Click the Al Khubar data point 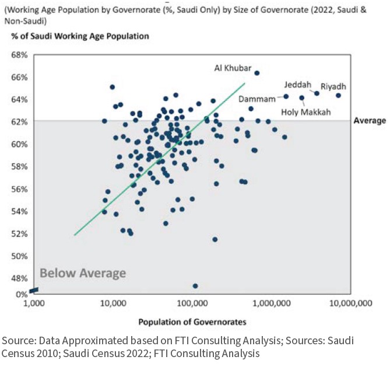click(257, 73)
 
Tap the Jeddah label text click(298, 84)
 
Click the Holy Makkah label click(305, 112)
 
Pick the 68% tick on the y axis click(20, 55)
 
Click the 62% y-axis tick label click(20, 122)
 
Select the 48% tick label click(20, 279)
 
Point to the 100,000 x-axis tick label click(193, 304)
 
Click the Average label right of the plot click(370, 121)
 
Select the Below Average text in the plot click(82, 273)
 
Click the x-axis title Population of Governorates click(192, 322)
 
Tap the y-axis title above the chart click(80, 36)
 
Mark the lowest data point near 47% click(195, 286)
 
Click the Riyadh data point click(338, 96)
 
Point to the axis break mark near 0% click(34, 290)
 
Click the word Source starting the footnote click(17, 340)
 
